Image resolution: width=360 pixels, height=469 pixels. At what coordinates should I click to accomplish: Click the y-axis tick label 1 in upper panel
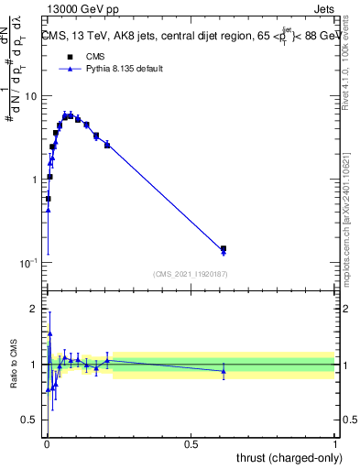pyautogui.click(x=35, y=180)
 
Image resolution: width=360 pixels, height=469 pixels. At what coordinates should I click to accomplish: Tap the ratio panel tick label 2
pyautogui.click(x=35, y=309)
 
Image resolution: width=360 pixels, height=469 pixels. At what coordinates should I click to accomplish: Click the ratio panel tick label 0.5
pyautogui.click(x=31, y=420)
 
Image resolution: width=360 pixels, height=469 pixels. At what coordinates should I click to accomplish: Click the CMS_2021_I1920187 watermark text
pyautogui.click(x=190, y=274)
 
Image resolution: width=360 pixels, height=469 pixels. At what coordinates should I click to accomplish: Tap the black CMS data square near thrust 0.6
pyautogui.click(x=224, y=248)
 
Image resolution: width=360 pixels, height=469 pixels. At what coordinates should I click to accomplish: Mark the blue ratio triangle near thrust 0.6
pyautogui.click(x=224, y=371)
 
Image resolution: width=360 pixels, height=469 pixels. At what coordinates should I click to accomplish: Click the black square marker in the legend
pyautogui.click(x=70, y=57)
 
